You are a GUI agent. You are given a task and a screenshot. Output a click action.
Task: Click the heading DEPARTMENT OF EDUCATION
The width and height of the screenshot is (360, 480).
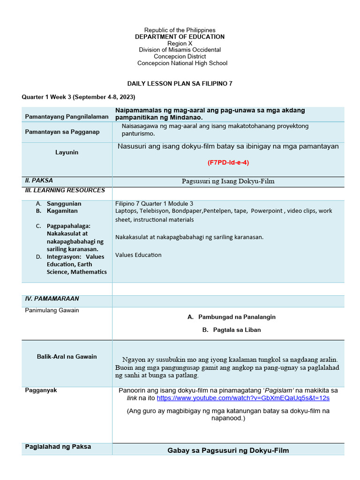click(180, 37)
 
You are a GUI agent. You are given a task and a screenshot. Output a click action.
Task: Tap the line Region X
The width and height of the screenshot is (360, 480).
click(180, 43)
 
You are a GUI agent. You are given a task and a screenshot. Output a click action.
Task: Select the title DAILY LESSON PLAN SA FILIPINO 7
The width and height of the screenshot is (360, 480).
click(180, 83)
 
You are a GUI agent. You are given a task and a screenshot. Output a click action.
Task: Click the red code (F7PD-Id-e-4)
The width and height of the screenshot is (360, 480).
click(228, 162)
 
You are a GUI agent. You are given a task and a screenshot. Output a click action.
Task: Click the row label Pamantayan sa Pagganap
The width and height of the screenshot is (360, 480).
click(62, 132)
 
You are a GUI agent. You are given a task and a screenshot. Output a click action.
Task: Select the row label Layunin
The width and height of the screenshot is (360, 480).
click(67, 152)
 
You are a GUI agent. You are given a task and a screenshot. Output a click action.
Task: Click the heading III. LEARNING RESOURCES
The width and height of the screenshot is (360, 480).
click(65, 190)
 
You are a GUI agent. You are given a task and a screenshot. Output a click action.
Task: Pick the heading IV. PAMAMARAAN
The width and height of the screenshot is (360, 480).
click(52, 299)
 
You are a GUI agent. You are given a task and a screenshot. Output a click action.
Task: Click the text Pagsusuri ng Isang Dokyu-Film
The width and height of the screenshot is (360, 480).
click(228, 181)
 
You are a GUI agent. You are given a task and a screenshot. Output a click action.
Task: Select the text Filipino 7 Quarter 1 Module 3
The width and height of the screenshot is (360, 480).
click(154, 203)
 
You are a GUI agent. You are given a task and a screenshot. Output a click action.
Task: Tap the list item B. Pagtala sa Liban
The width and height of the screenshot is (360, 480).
click(232, 330)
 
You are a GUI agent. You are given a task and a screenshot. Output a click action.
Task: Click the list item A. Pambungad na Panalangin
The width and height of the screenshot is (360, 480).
click(232, 317)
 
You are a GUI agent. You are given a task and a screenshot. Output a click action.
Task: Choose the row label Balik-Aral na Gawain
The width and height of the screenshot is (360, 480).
click(67, 357)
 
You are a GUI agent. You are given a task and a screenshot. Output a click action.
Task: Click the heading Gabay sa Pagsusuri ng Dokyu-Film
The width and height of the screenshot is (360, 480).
click(228, 450)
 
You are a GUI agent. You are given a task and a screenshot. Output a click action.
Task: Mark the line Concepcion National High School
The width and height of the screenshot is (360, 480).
click(182, 63)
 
